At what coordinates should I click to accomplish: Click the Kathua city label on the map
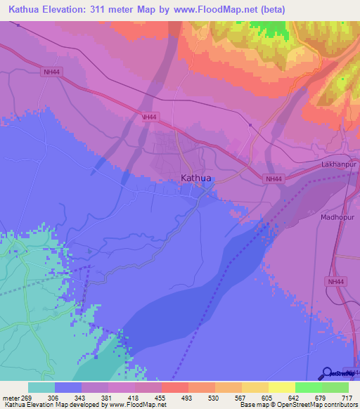pos(195,178)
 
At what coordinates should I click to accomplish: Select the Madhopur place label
pos(335,217)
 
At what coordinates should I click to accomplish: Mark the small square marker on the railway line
pos(250,125)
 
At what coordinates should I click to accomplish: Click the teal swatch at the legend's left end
pos(41,387)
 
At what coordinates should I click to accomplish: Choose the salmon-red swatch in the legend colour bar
pos(175,387)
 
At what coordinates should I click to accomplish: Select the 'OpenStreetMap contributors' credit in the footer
pos(316,405)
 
